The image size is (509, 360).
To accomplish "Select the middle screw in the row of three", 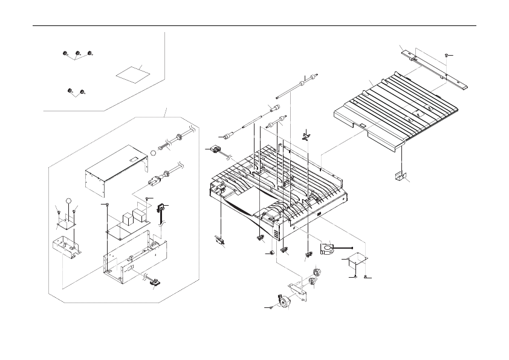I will coord(78,54).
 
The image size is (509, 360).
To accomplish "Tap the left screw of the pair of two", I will coord(71,91).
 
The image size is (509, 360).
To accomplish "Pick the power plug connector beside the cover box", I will coord(156,180).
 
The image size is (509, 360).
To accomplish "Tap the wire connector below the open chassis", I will coord(155,281).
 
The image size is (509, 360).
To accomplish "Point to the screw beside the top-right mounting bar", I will coord(446,55).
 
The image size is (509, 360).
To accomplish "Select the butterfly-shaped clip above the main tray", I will coord(306,134).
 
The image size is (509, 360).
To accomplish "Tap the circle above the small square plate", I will coord(70,202).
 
